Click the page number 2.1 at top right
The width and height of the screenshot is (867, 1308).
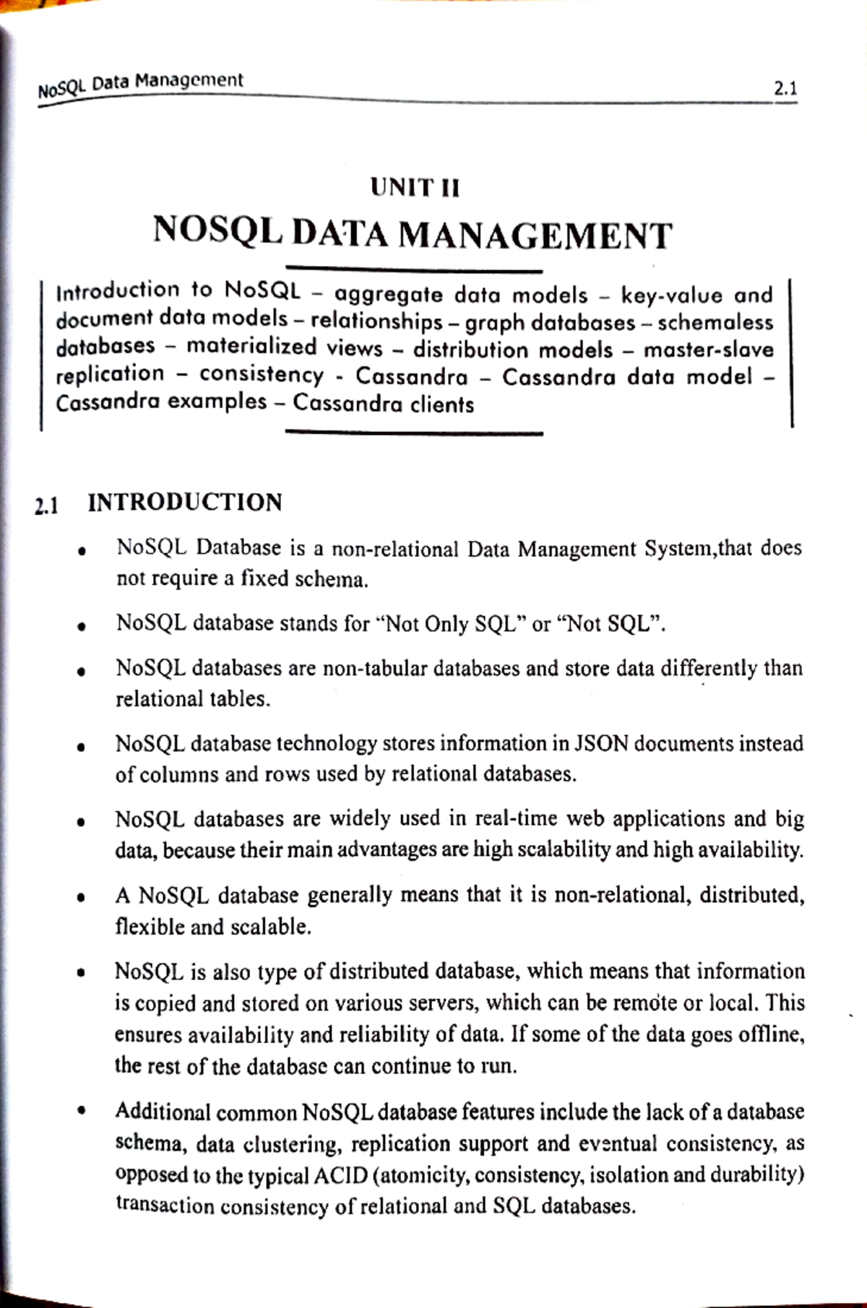tap(785, 90)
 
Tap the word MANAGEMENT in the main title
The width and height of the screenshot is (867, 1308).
tap(535, 235)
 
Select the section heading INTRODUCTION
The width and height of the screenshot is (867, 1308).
tap(185, 503)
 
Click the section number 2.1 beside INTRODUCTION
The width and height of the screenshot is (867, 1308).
tap(47, 506)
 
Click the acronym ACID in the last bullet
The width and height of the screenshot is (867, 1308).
tap(341, 1176)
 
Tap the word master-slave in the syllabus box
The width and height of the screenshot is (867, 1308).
tap(708, 350)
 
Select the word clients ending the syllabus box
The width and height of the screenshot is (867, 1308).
tap(443, 404)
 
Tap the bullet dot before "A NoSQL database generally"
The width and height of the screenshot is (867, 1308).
tap(83, 898)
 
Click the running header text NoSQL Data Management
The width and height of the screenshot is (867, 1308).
tap(141, 84)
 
